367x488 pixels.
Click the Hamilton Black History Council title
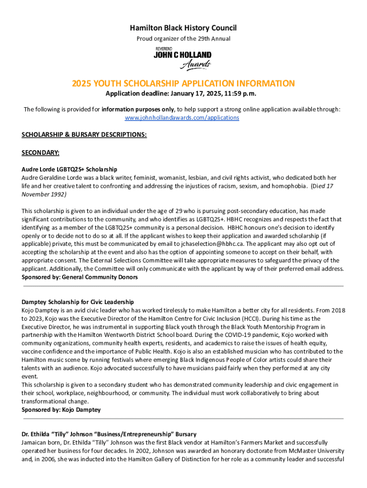183,28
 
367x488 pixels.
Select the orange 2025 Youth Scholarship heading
183,83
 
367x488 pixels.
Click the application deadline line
183,93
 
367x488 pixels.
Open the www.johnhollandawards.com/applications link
182,117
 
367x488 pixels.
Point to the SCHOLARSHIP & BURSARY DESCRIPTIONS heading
84,135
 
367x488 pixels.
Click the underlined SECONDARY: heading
41,153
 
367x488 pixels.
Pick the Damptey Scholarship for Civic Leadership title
78,302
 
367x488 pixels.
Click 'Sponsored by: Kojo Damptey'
61,409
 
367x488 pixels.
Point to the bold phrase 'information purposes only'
138,109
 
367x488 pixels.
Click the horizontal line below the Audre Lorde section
183,286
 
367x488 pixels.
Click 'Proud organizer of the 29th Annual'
183,39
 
